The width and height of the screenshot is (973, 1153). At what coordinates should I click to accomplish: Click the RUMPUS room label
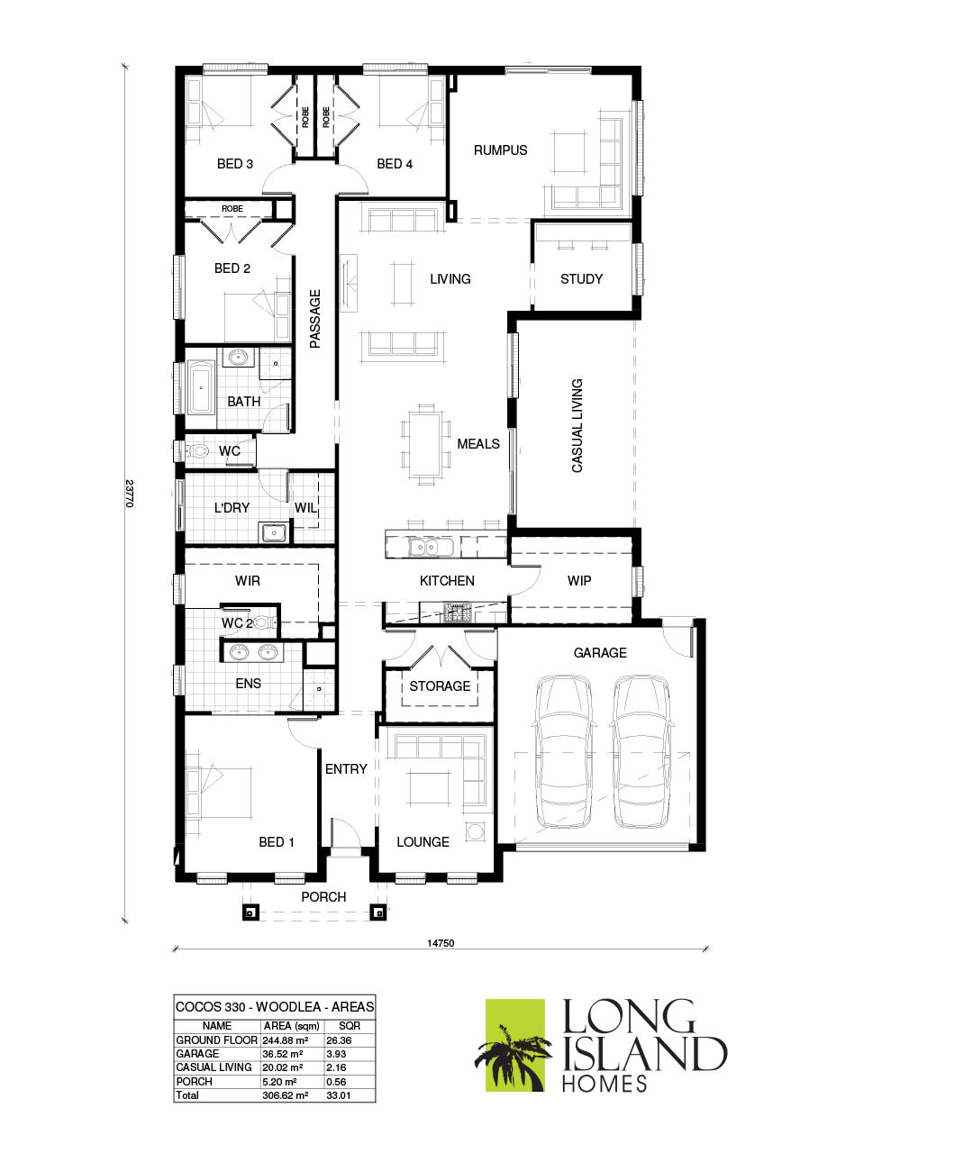(500, 150)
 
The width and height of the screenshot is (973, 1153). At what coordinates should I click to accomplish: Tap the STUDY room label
(581, 279)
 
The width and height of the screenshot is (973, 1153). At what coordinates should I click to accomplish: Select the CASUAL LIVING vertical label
(577, 425)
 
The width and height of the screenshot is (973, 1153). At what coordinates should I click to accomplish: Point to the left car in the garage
(564, 751)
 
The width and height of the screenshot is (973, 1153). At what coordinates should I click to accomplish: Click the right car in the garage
(642, 751)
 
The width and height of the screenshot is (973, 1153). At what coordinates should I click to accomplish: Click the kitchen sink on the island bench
(423, 546)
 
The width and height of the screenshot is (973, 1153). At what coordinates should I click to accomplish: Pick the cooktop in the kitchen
(456, 614)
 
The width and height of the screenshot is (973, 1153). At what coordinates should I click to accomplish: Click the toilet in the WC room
(196, 451)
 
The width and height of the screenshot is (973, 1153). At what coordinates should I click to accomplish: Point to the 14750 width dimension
(441, 943)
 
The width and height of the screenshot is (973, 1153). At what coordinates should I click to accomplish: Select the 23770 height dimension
(129, 493)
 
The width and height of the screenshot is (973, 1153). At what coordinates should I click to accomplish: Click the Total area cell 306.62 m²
(285, 1095)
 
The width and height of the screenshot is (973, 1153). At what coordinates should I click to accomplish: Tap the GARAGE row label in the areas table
(197, 1053)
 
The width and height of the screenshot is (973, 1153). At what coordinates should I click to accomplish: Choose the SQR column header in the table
(349, 1026)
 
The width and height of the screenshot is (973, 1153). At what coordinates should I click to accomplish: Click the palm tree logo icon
(514, 1045)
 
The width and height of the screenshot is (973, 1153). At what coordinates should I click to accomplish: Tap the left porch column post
(250, 912)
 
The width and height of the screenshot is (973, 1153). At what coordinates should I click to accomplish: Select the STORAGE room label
(440, 686)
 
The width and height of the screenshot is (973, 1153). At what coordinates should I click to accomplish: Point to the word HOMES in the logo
(604, 1083)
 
